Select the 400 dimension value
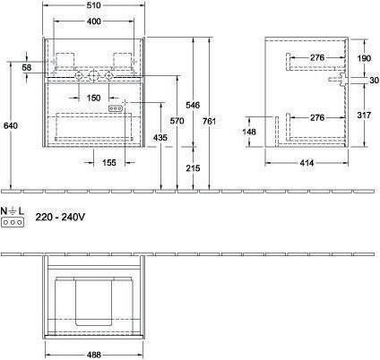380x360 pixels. [x=94, y=21]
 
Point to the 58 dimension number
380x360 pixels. [x=27, y=68]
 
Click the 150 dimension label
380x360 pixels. [x=94, y=99]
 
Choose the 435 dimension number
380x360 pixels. [x=161, y=137]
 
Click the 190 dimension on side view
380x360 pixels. [x=362, y=58]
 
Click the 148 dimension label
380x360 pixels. [x=250, y=133]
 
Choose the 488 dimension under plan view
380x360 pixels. [x=95, y=354]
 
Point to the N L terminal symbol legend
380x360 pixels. [x=13, y=217]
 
